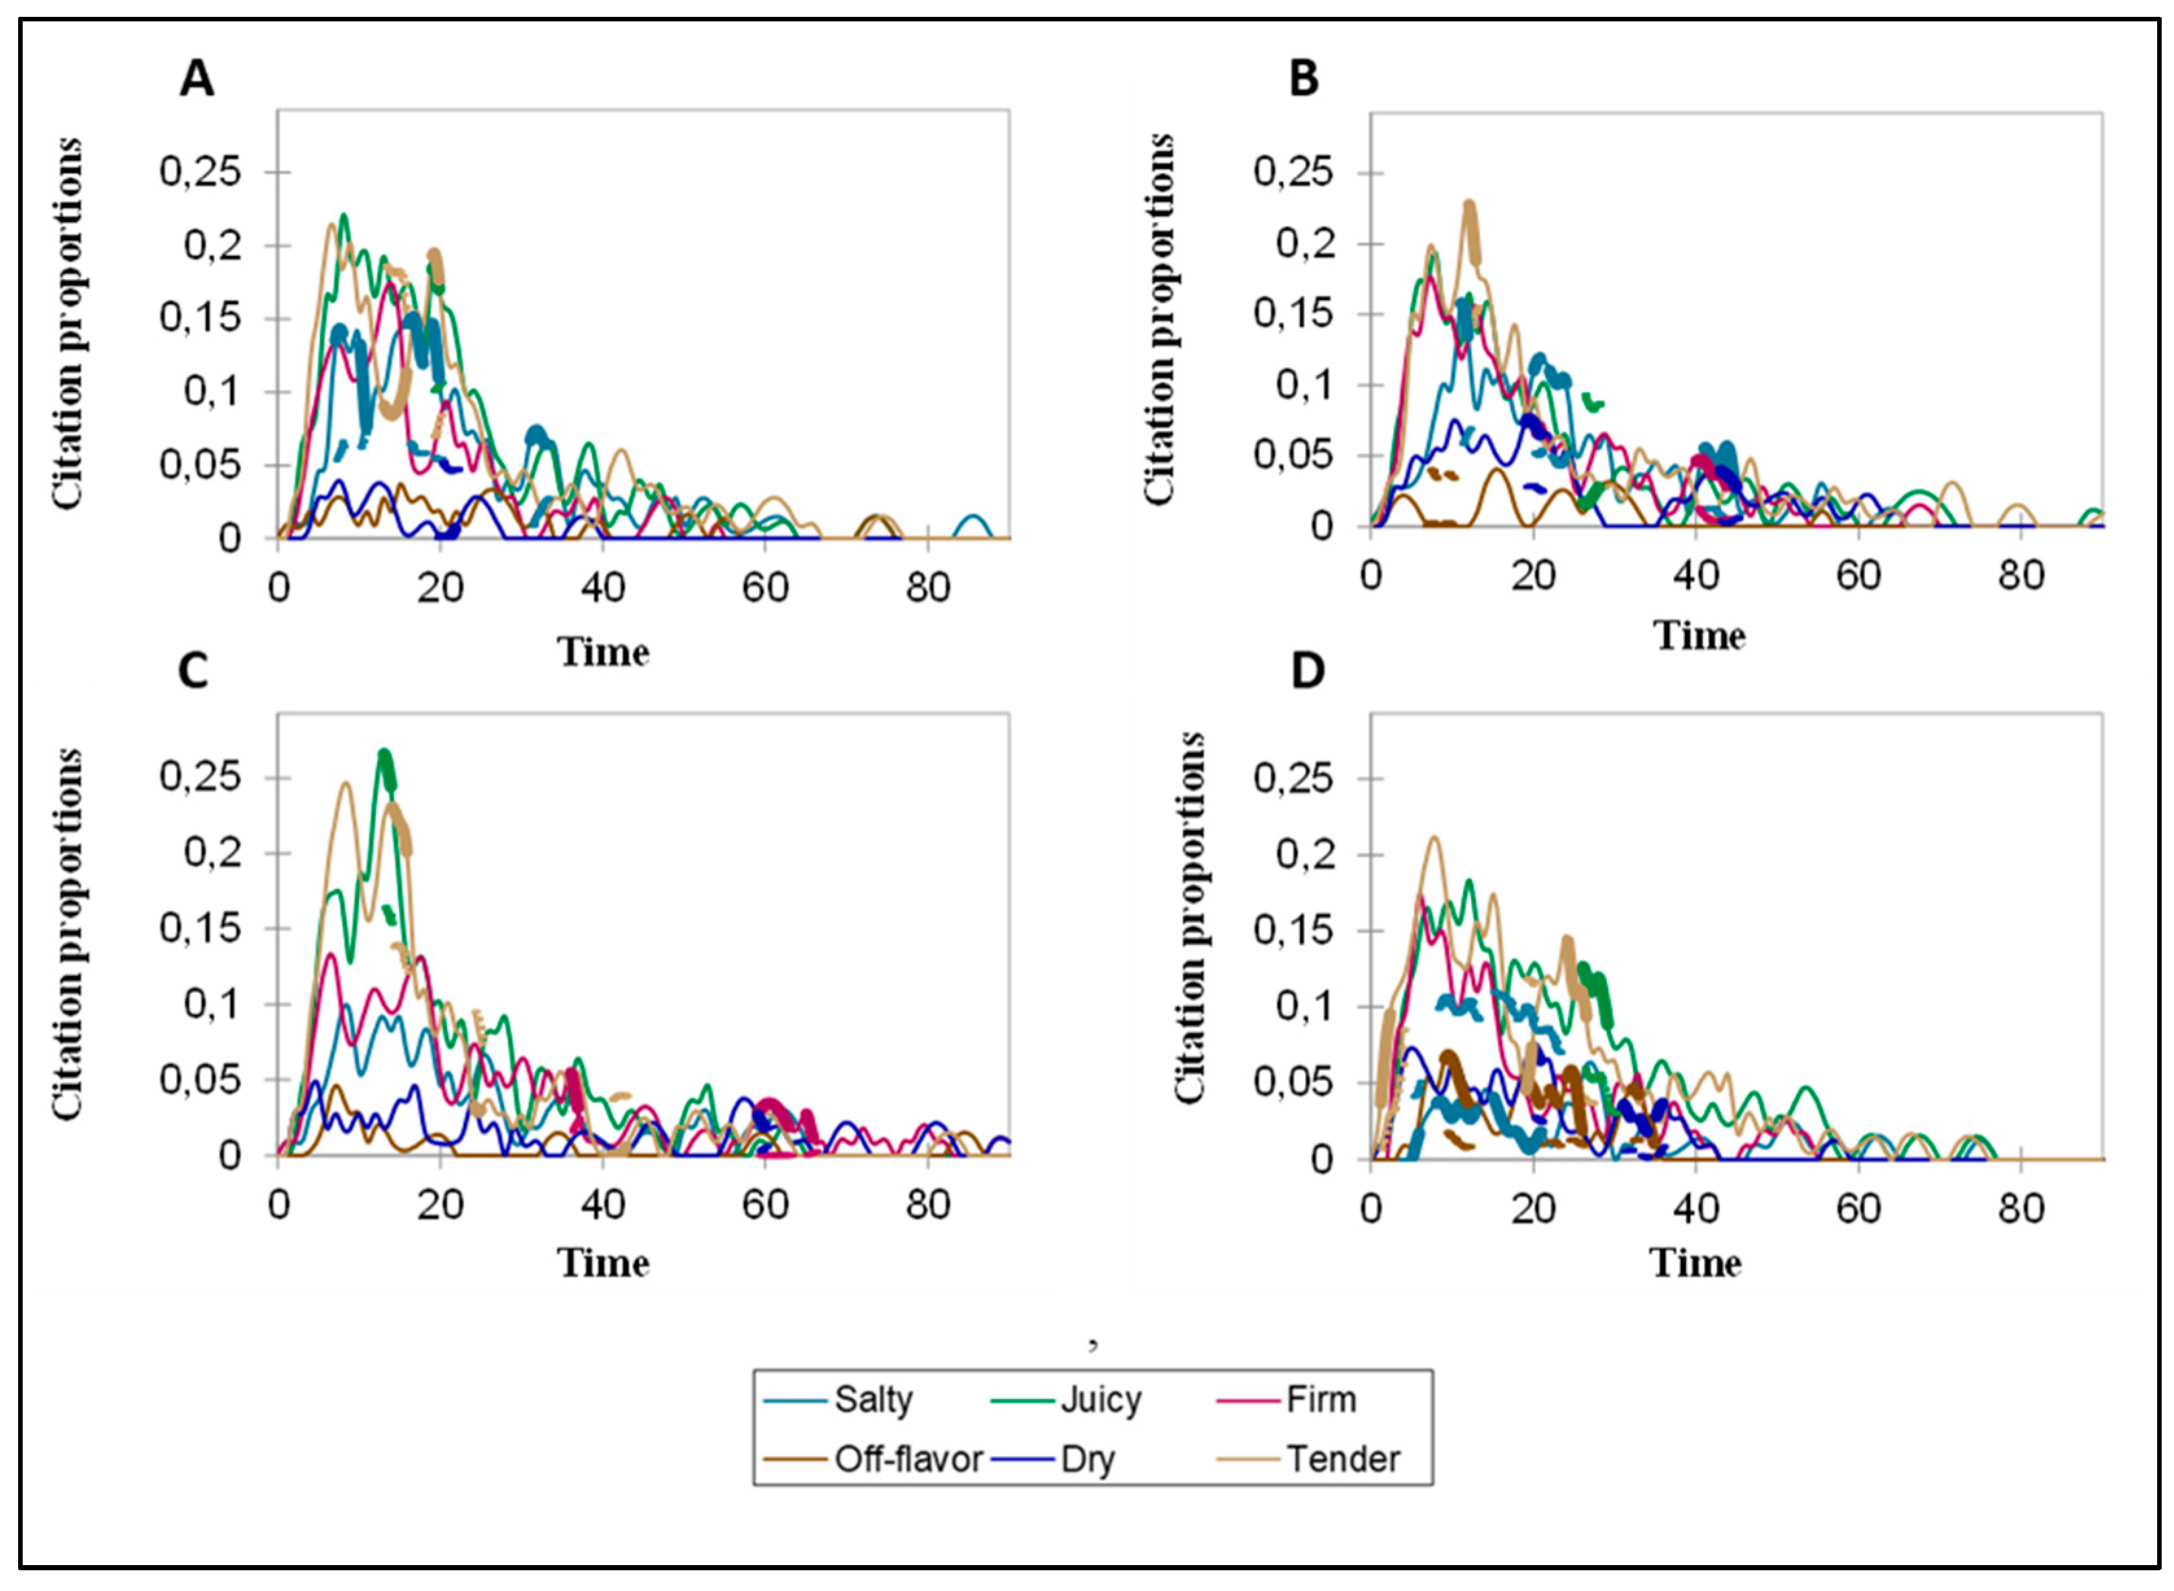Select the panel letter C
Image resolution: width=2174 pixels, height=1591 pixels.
194,671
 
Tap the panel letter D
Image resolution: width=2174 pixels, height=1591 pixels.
1306,671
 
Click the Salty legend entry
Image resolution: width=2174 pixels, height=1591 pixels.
872,1399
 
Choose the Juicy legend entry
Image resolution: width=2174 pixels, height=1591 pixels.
1100,1399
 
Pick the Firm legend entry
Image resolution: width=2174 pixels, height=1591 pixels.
1321,1399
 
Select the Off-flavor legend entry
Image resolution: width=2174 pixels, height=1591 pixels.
908,1459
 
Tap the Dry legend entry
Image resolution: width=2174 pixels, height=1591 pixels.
1087,1459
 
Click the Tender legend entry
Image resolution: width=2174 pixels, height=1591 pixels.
1343,1459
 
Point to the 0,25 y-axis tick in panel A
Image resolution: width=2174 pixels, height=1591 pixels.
200,172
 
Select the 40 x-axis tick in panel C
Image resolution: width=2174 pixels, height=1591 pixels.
603,1205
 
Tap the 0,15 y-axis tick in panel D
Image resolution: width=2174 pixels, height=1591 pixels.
1294,931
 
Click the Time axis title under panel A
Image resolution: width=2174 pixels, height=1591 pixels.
604,652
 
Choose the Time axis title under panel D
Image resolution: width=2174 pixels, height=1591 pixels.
1696,1262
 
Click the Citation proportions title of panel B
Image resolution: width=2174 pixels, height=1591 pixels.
1159,319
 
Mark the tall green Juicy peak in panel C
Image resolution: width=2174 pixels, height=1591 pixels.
385,757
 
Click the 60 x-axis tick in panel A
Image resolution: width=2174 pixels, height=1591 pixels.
765,588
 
